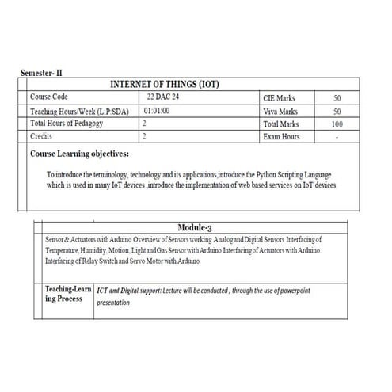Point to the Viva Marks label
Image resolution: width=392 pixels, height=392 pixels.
click(281, 112)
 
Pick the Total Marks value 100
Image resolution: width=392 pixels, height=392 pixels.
click(337, 124)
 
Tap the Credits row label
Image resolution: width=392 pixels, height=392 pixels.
click(41, 136)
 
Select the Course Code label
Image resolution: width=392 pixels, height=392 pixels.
click(51, 97)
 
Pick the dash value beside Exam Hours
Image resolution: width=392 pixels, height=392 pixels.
click(337, 137)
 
